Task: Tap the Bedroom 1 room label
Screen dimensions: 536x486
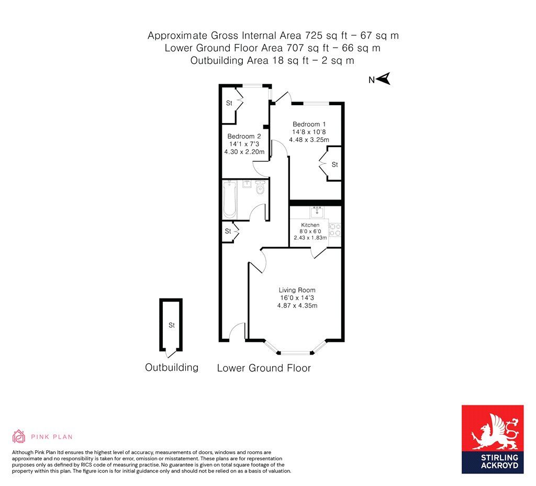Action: [309, 124]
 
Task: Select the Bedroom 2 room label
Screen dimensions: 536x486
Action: [244, 136]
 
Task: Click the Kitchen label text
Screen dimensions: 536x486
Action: [310, 225]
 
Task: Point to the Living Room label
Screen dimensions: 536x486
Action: [297, 290]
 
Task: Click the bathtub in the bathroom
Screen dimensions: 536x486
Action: [230, 200]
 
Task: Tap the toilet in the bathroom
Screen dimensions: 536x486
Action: [261, 187]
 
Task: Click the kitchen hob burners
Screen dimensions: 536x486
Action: [334, 229]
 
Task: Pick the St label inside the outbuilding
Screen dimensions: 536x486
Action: [172, 325]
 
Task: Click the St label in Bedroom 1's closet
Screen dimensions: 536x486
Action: [334, 164]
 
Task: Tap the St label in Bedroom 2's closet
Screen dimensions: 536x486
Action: [229, 103]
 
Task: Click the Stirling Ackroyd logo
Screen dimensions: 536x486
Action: [493, 439]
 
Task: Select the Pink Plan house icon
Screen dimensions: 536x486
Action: [19, 436]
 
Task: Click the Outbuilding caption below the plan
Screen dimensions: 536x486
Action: [172, 367]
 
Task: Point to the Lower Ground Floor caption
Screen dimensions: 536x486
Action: [264, 368]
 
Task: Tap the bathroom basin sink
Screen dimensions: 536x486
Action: [247, 184]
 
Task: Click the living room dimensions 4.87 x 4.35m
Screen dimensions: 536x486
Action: [297, 306]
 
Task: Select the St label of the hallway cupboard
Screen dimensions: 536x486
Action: [228, 231]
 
